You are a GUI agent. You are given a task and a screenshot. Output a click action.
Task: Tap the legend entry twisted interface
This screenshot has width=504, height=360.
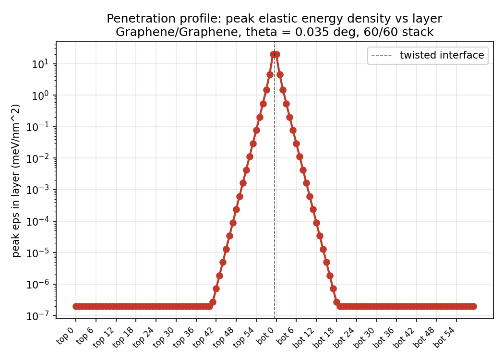click(x=442, y=55)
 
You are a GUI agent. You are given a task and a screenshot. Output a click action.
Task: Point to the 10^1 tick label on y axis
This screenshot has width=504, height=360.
click(x=40, y=64)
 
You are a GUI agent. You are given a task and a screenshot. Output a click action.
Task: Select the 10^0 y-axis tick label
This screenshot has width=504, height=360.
click(x=40, y=95)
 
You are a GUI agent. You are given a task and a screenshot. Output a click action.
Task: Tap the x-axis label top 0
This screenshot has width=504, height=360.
click(x=66, y=336)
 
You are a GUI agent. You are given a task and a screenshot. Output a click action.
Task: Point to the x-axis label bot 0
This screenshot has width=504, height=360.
click(x=265, y=336)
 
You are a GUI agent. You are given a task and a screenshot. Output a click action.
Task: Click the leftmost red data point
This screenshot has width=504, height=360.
click(x=76, y=306)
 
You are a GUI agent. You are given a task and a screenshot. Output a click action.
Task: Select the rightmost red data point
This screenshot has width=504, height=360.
click(x=473, y=306)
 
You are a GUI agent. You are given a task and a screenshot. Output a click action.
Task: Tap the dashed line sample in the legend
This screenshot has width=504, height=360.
click(x=382, y=55)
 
